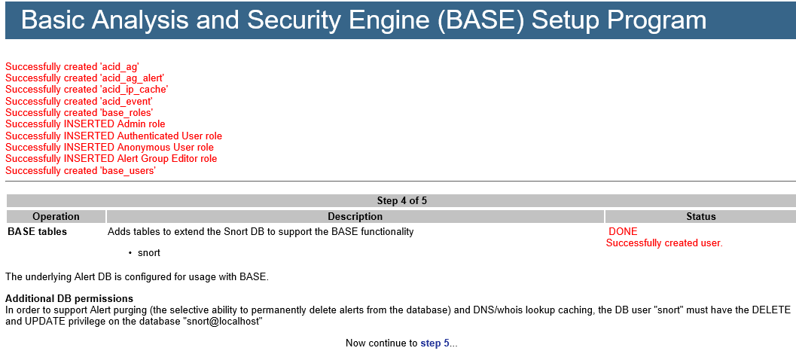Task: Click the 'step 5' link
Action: tap(435, 343)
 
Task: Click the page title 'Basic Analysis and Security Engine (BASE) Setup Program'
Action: tap(364, 20)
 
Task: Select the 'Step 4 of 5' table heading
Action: tap(402, 200)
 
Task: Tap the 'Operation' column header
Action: tap(56, 217)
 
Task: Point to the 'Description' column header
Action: tap(355, 217)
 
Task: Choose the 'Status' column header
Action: tap(701, 217)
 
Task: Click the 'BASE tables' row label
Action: tap(37, 232)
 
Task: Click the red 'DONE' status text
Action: tap(623, 232)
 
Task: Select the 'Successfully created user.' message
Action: tap(664, 243)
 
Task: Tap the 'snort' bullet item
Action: tap(149, 253)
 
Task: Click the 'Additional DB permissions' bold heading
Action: tap(69, 298)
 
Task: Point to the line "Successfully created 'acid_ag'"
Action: tap(72, 66)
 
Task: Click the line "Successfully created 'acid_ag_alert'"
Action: tap(85, 78)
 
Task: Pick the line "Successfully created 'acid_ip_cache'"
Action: tap(87, 90)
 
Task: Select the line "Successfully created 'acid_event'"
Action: tap(78, 102)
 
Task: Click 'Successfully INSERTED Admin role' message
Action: tap(85, 124)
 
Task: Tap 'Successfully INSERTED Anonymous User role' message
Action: tap(110, 148)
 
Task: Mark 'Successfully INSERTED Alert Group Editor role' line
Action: tap(111, 159)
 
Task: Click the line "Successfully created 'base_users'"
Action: tap(81, 171)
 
